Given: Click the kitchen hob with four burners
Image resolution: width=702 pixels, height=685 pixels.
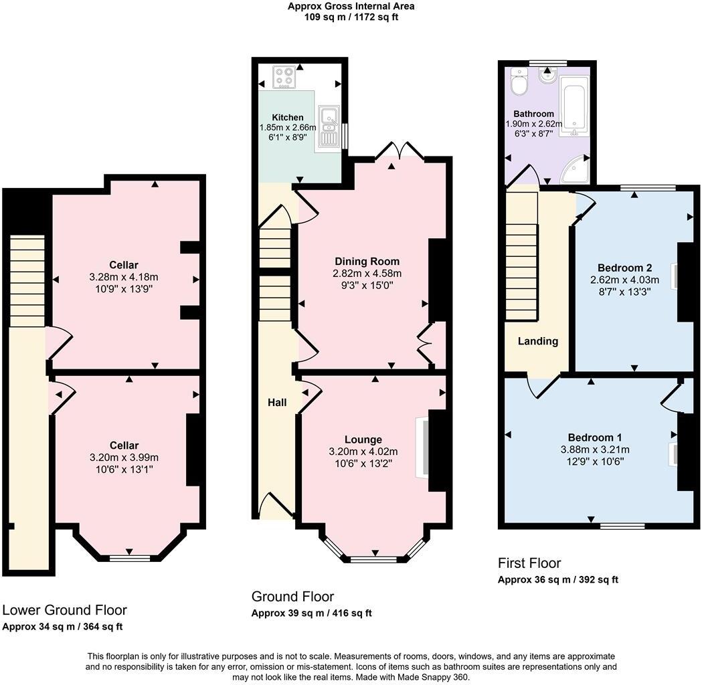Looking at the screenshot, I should tap(284, 78).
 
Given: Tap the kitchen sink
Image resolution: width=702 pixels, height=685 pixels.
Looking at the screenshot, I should tap(329, 126).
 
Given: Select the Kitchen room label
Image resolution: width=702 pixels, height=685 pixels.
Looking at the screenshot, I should tap(287, 117).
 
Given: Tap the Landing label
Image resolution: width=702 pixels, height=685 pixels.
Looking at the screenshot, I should tap(538, 341).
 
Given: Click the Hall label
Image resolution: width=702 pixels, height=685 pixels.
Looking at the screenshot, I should tap(277, 402).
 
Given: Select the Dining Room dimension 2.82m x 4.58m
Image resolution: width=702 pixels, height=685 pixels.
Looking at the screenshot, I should tap(367, 273).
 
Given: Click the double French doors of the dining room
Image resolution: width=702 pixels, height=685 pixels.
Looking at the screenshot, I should tap(400, 151).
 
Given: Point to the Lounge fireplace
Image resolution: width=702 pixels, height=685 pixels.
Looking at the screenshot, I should tap(422, 448).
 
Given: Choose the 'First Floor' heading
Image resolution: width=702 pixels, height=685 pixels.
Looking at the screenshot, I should tap(529, 563).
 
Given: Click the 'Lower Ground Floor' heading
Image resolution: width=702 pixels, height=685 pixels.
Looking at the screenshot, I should tap(64, 609).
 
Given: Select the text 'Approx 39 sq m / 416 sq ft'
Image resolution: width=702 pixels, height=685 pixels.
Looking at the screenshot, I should tap(311, 613).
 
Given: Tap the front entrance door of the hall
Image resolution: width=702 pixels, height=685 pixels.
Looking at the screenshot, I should tap(274, 506).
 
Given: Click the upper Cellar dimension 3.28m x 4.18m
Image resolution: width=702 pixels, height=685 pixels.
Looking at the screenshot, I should tap(123, 277).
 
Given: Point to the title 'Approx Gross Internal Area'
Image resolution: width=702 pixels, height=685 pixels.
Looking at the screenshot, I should tap(351, 7).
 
